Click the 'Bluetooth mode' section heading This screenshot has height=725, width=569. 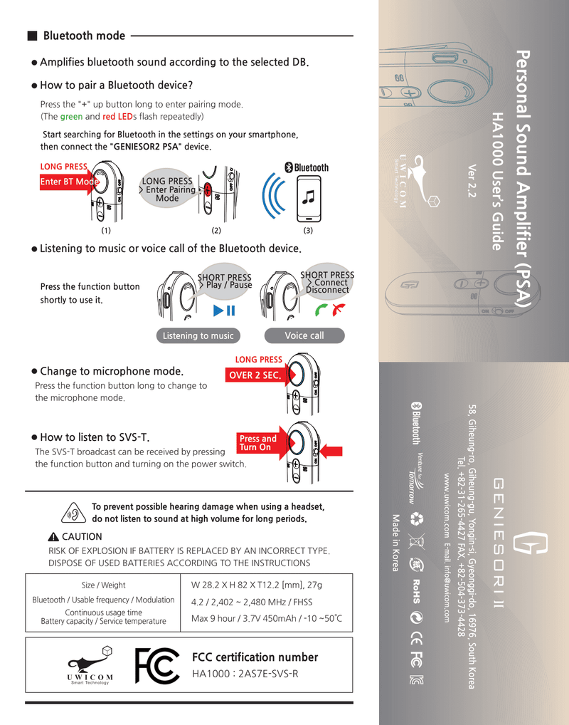[84, 36]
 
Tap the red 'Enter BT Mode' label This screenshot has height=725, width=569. [68, 182]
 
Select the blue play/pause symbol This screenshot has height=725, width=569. [223, 311]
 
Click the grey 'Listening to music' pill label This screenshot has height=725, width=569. [198, 336]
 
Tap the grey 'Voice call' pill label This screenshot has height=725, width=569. [304, 336]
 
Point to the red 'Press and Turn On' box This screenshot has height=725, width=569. [257, 443]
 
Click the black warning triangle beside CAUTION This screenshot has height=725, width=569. [53, 537]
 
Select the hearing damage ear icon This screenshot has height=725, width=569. [72, 513]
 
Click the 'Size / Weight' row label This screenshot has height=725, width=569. [103, 585]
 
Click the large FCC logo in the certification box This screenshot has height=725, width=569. [156, 666]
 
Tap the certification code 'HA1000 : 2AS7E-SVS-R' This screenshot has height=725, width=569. [245, 674]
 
